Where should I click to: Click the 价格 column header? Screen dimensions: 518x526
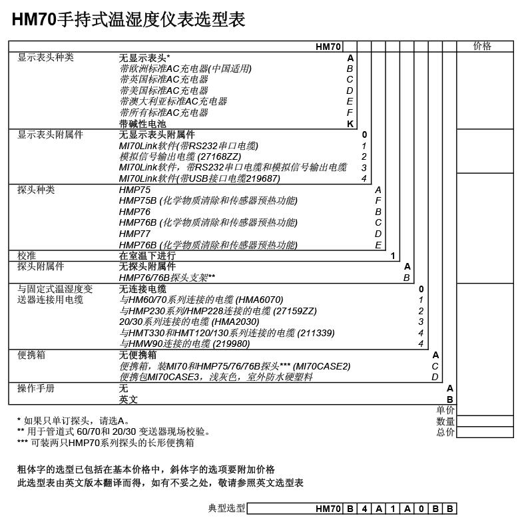point(482,46)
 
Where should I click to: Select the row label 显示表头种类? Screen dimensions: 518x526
point(45,57)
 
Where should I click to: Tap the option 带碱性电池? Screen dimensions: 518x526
point(143,123)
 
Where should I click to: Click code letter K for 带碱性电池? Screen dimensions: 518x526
point(350,123)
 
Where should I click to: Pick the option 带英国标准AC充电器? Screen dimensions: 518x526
point(164,79)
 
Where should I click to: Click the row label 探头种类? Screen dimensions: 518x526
point(36,190)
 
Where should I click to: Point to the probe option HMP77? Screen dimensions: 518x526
point(134,234)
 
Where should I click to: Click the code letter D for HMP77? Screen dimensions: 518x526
point(378,234)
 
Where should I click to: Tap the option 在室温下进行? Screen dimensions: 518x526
point(147,256)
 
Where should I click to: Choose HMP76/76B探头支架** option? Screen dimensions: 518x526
point(167,278)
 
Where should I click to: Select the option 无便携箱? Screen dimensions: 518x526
point(138,355)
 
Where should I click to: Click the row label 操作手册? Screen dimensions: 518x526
point(36,388)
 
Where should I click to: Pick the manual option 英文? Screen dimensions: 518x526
point(129,399)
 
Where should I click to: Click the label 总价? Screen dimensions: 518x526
point(445,432)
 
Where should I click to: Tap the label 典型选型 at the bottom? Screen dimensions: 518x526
point(227,509)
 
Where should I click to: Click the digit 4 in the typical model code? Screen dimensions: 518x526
point(364,509)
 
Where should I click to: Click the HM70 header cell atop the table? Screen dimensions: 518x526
point(328,47)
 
